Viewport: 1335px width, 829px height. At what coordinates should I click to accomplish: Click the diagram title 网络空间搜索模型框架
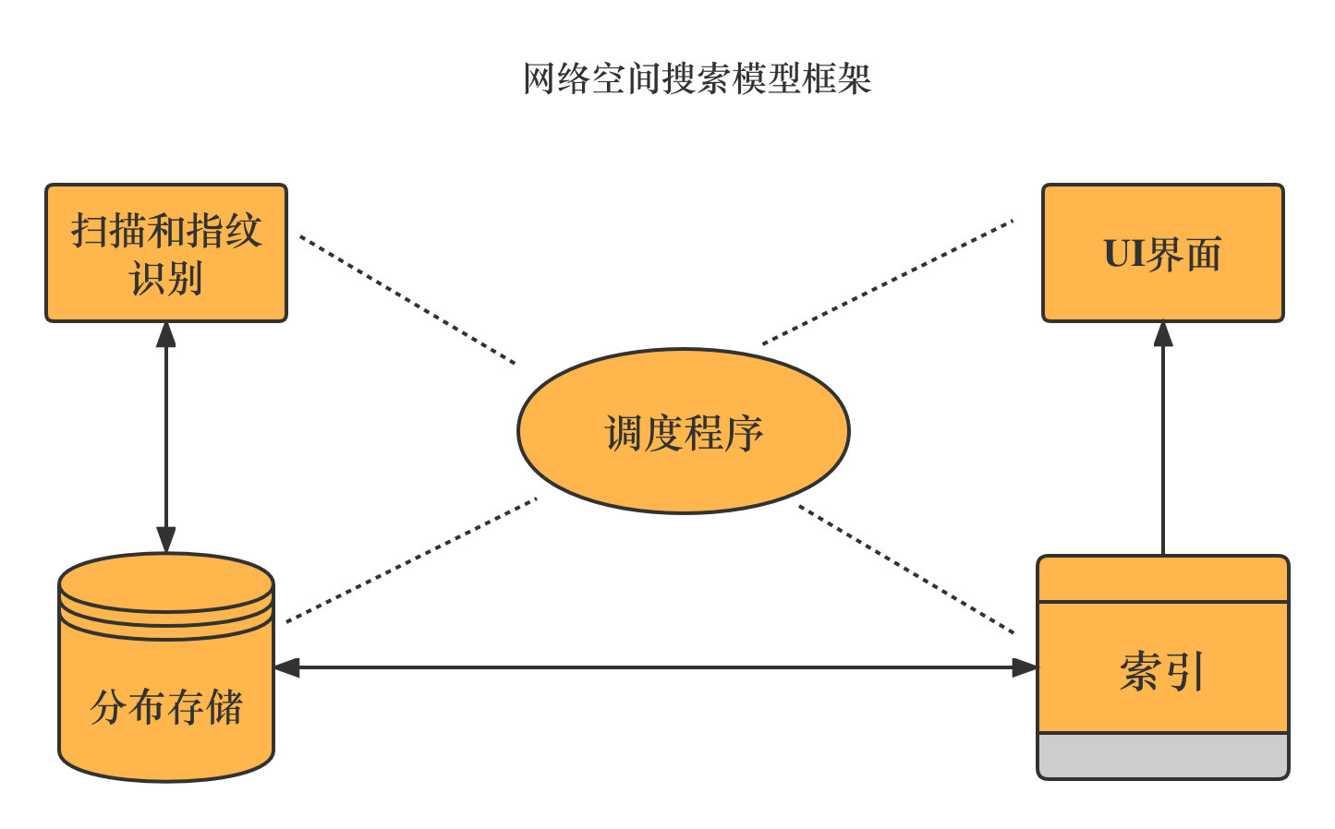697,79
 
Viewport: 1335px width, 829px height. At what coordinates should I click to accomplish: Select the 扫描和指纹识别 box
166,252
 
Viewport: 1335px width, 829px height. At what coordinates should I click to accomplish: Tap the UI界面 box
1162,252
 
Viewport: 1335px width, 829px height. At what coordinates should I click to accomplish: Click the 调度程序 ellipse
683,431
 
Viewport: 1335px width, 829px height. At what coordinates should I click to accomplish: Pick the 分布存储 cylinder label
166,708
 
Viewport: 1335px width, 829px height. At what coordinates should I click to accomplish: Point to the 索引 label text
1162,671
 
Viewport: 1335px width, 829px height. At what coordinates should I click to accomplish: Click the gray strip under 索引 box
1162,756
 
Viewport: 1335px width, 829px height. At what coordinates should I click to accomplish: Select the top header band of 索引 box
1162,579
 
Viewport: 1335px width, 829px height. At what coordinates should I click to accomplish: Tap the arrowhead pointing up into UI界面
1163,334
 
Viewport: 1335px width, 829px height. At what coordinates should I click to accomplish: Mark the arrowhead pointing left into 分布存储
286,667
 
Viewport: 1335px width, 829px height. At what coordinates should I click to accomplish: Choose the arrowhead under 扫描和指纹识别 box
166,334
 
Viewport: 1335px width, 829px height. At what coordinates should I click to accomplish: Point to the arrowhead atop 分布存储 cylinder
166,540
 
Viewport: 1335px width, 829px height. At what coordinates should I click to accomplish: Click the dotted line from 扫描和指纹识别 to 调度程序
407,299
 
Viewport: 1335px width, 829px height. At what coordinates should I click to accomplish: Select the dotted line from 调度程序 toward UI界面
887,282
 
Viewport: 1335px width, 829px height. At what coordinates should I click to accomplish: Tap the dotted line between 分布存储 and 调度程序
411,560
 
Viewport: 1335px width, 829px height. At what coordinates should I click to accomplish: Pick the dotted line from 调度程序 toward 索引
905,570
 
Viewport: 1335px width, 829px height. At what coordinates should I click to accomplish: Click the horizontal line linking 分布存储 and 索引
647,667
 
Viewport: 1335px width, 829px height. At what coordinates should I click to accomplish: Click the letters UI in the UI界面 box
1123,253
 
